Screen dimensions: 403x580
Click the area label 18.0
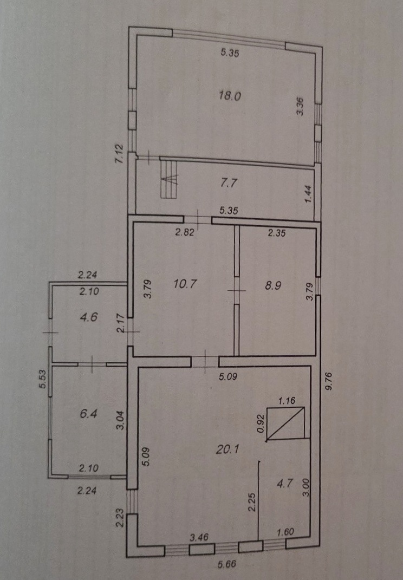click(x=230, y=96)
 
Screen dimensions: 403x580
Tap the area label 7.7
click(x=229, y=183)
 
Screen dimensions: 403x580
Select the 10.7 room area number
click(x=185, y=284)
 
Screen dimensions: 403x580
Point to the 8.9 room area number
click(x=273, y=285)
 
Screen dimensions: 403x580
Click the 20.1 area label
click(x=227, y=449)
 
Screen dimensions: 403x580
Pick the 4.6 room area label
click(x=89, y=317)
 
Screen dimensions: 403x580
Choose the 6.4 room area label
click(x=89, y=413)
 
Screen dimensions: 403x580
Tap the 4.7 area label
click(x=285, y=484)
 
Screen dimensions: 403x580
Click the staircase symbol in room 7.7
click(x=170, y=178)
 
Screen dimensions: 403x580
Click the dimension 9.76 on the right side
click(x=329, y=381)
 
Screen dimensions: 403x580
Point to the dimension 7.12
click(x=120, y=154)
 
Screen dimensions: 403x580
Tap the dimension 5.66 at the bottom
click(x=227, y=564)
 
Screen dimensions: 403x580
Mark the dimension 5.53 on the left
click(x=43, y=379)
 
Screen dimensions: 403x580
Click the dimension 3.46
click(x=199, y=537)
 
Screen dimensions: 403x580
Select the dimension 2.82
click(x=185, y=233)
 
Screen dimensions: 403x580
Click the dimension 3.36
click(x=300, y=107)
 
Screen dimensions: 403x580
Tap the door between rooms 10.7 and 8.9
click(x=237, y=291)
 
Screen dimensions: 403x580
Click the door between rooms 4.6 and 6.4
click(x=92, y=364)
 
